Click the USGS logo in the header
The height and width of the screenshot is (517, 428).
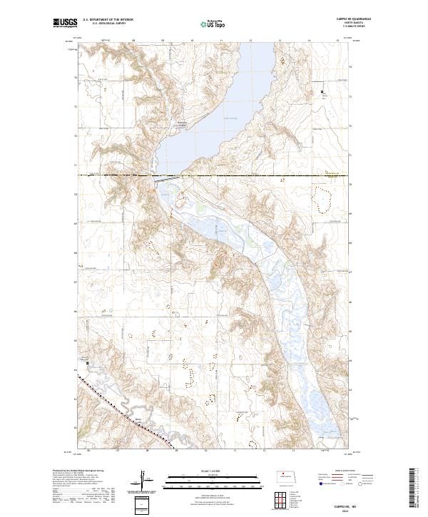pos(65,24)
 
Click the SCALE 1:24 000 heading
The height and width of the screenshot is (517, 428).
pos(206,469)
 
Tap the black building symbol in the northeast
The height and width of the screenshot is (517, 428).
pos(322,92)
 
